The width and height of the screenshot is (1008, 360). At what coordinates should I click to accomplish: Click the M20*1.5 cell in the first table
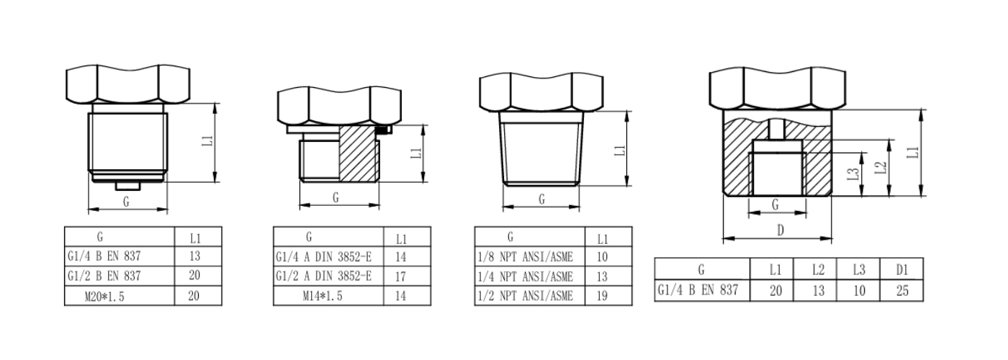(104, 296)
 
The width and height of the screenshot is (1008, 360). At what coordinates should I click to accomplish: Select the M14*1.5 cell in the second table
(323, 296)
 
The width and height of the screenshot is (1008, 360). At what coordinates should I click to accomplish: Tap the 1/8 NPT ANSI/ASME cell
(525, 257)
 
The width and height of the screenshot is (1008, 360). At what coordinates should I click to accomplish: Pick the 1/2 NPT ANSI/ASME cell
(525, 296)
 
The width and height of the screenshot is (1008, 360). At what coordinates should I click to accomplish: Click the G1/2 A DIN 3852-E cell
(323, 276)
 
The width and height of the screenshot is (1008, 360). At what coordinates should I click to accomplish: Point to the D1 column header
(901, 269)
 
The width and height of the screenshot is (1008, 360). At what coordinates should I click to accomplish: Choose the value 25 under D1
(902, 291)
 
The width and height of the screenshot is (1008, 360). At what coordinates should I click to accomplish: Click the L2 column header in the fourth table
(818, 269)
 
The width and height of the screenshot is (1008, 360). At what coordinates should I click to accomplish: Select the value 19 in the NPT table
(602, 296)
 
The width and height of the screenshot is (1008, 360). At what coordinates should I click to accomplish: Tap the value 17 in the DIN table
(400, 276)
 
